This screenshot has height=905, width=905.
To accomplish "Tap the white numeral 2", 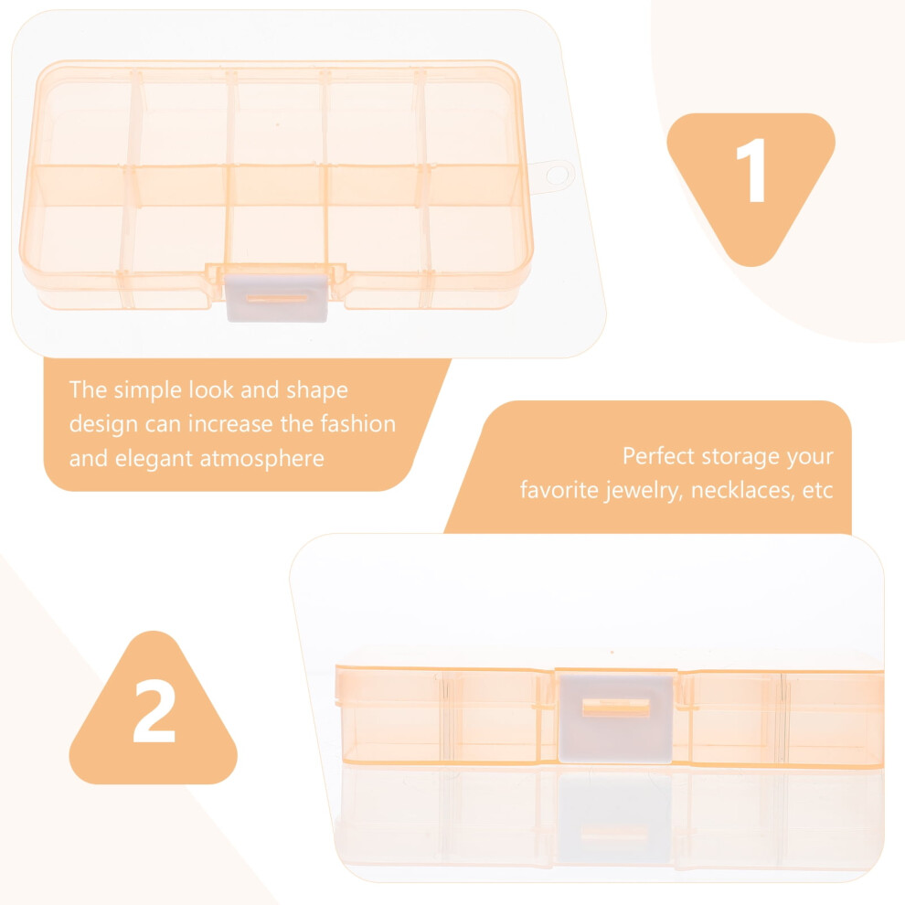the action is tap(154, 711).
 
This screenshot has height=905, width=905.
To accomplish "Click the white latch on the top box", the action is tap(277, 298).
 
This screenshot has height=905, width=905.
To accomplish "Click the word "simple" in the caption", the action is tap(148, 391).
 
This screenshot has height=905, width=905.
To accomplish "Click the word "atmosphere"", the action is tap(261, 460).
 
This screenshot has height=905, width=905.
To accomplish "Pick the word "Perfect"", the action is tap(658, 456).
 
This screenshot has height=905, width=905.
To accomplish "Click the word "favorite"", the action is tap(559, 490).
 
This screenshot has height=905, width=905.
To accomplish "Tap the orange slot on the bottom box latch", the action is tap(616, 707).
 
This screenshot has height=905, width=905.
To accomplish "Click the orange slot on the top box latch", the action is tap(277, 298).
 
